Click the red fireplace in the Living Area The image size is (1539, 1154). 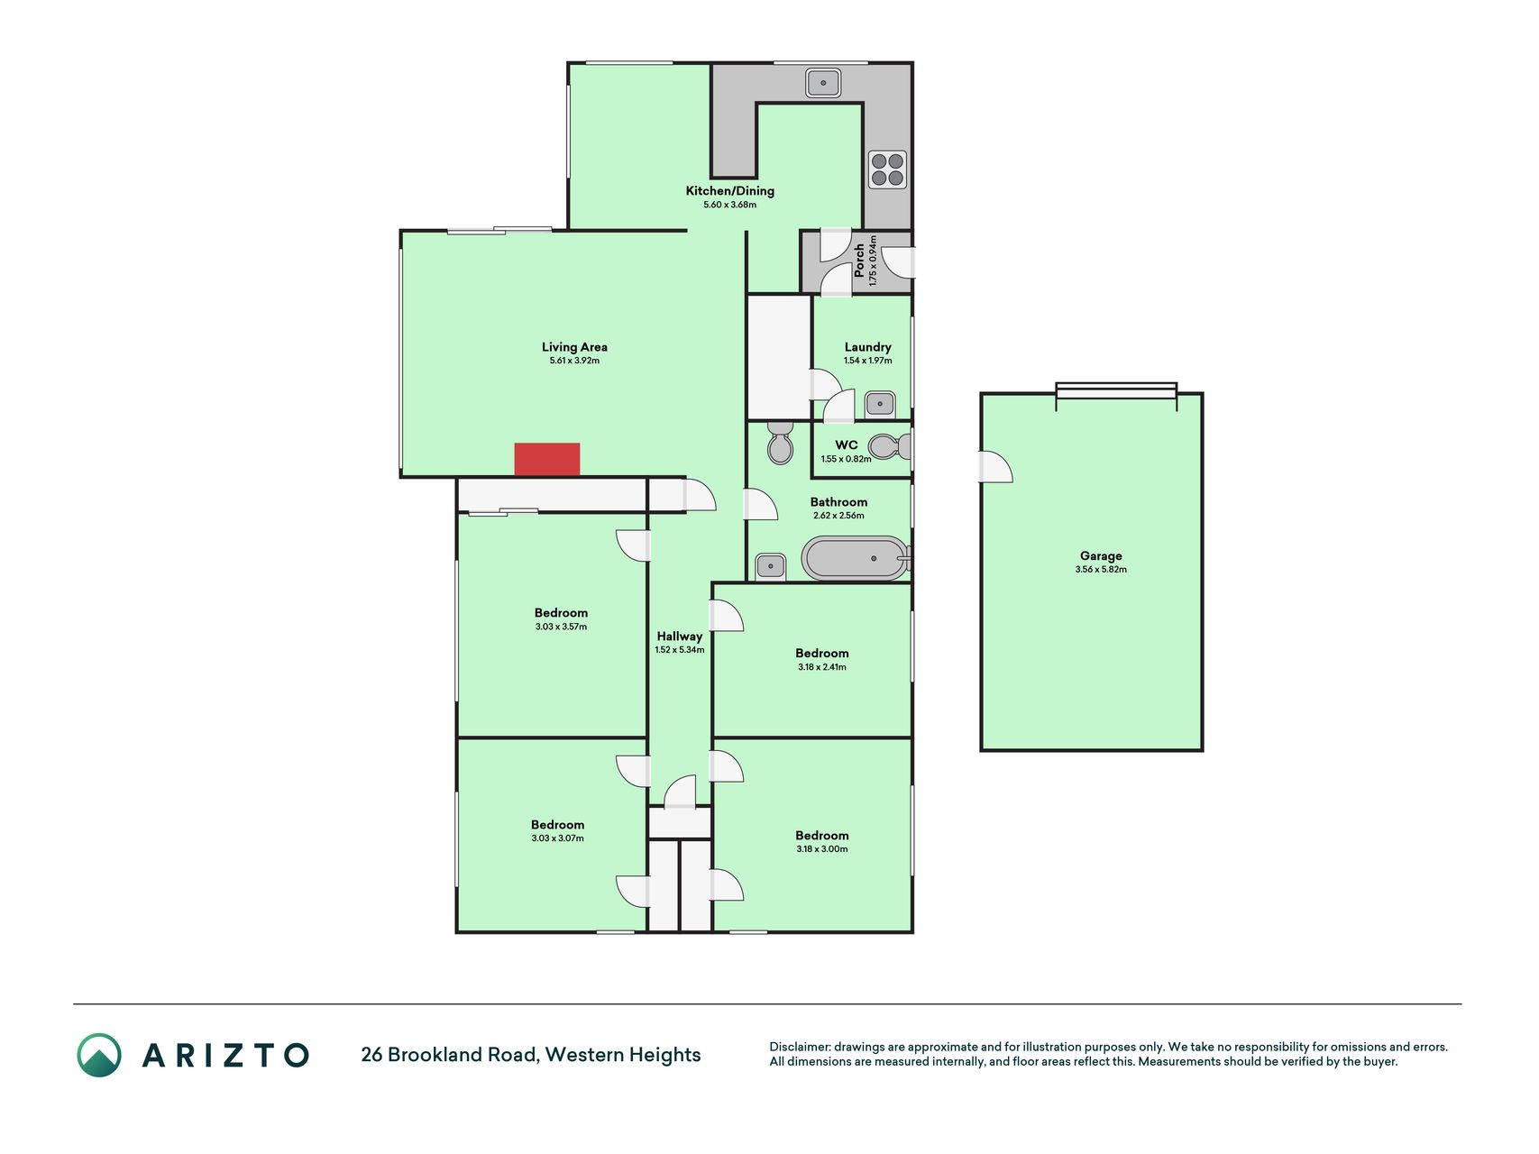coord(547,459)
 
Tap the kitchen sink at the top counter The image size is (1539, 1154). coord(823,83)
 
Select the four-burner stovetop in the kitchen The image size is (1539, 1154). coord(887,169)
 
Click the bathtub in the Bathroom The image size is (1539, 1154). coord(855,558)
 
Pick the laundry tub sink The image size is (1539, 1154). coord(880,404)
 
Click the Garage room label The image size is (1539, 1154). coord(1101,556)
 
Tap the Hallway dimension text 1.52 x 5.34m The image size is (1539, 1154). coord(680,650)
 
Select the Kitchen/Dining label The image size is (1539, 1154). coord(730,191)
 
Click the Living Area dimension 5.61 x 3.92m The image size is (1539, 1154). coord(574,361)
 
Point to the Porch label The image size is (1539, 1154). coord(859,261)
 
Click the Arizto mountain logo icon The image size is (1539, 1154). coord(99,1055)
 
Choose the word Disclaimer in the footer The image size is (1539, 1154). coord(799,1047)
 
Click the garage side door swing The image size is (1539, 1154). coord(996,467)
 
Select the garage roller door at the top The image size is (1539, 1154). coord(1116,391)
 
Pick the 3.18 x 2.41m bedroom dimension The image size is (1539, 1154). coord(822,667)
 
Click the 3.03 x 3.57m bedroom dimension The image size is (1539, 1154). coord(561,627)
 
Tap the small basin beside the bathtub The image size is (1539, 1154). coord(770,567)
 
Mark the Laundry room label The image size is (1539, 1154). coord(868,347)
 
